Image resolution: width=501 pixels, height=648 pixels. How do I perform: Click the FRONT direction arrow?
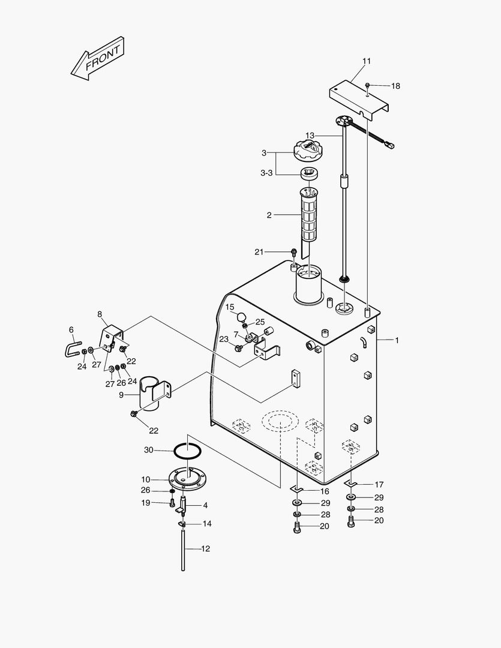(98, 59)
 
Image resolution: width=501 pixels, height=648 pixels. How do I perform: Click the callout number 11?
(367, 61)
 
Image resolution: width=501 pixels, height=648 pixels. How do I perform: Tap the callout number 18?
(395, 86)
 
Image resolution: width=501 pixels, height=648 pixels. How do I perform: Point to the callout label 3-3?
(266, 173)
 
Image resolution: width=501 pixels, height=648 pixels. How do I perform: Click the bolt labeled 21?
(294, 252)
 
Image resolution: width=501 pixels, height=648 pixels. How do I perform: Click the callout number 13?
(310, 135)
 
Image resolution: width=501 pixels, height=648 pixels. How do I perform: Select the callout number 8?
(100, 314)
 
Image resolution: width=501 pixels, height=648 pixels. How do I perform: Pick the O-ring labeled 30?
(188, 449)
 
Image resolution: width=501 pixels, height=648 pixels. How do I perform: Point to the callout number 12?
(205, 548)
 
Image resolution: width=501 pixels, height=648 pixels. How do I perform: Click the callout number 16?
(325, 491)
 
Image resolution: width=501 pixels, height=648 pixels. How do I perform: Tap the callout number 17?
(379, 484)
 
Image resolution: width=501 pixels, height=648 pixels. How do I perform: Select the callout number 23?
(223, 339)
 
